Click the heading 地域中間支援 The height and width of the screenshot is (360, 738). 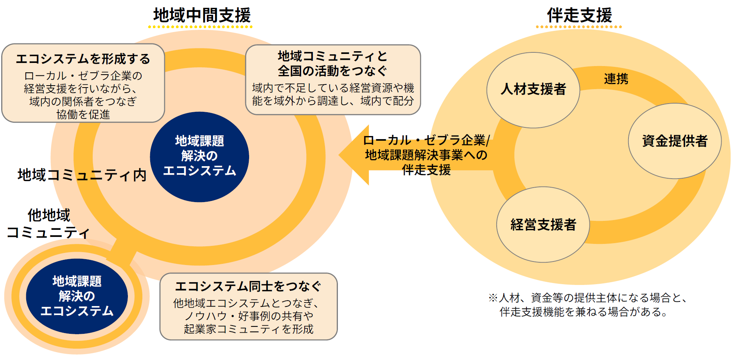coord(202,16)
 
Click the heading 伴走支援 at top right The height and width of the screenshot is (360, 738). coord(579,16)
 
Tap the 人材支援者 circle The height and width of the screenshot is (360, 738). coord(533,90)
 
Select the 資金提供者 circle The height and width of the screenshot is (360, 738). coord(675,141)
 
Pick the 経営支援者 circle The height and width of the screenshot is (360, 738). coord(543,225)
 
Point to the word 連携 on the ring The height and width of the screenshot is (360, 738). coord(616,79)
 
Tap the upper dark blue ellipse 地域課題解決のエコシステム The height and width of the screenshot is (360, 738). coord(199,156)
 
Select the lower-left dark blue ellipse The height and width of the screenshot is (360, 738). coord(77,296)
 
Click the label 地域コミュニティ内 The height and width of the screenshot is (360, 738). coord(82,175)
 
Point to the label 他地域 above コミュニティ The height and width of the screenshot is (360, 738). coord(49,215)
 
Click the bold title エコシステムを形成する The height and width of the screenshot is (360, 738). coord(83,59)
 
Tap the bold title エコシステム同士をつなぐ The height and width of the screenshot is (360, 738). coord(248,287)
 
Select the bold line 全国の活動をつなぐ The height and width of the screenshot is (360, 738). coord(332,71)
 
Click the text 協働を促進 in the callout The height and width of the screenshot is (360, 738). coord(83,115)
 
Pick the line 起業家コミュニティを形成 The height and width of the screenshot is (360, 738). coord(248,329)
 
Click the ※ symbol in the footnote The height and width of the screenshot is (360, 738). coord(493,298)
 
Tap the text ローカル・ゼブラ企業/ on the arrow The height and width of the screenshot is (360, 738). coord(426,140)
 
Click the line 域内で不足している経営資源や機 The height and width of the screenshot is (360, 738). coord(333,88)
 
